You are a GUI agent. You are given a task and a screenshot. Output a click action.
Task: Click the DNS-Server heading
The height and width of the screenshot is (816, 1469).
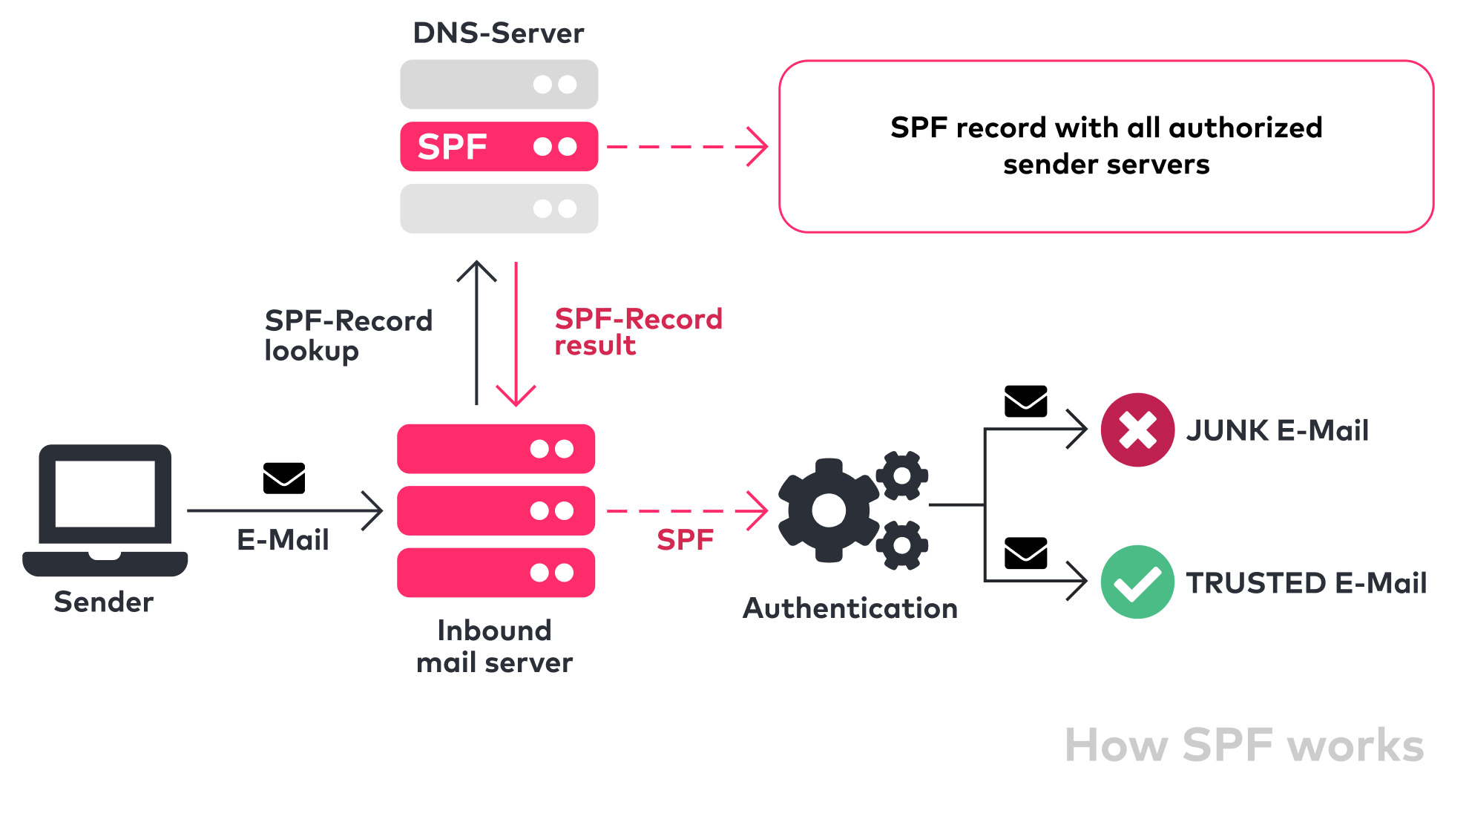tap(498, 33)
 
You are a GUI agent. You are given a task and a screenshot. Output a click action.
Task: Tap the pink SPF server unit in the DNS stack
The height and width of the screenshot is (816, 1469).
tap(499, 147)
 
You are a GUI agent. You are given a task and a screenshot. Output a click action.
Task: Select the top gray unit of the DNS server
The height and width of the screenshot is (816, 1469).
tap(499, 85)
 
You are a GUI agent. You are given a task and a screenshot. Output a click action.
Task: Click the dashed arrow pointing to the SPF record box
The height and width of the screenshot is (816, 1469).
tap(686, 147)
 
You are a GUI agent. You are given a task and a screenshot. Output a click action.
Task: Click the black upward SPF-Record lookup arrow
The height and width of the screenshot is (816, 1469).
tap(476, 334)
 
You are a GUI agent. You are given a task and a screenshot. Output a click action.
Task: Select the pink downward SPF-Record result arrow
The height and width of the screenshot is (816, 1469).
tap(516, 334)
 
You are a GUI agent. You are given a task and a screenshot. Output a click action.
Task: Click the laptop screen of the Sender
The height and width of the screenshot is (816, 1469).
tap(105, 493)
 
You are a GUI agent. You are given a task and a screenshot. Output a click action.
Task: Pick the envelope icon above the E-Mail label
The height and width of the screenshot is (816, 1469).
tap(284, 478)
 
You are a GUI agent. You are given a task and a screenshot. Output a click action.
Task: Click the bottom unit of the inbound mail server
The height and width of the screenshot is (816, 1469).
tap(496, 573)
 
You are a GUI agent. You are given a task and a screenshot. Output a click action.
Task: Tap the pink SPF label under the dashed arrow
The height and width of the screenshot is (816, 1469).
tap(685, 540)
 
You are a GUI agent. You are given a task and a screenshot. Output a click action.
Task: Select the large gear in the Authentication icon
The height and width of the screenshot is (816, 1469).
tap(828, 510)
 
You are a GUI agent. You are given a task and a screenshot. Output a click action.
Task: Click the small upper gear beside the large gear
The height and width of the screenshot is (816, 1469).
tap(902, 475)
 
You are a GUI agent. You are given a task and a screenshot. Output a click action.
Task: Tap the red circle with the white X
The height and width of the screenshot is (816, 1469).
tap(1137, 430)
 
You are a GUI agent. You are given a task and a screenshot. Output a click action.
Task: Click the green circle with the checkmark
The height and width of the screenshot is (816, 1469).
tap(1137, 582)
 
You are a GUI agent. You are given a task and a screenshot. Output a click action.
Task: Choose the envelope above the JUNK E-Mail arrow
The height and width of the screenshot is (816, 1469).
tap(1025, 401)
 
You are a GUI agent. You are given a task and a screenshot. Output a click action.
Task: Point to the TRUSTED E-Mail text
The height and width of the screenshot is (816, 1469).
tap(1306, 583)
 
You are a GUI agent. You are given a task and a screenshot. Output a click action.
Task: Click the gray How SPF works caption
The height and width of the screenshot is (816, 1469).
tap(1243, 745)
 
